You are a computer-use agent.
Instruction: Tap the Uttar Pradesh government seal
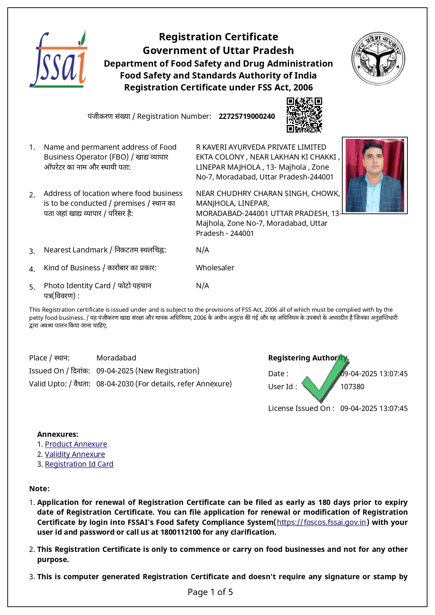click(x=378, y=59)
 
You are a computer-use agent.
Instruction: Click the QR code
click(x=304, y=115)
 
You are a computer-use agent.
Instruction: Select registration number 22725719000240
click(x=247, y=116)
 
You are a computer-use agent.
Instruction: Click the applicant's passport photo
click(x=374, y=175)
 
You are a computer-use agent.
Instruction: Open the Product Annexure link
click(x=76, y=444)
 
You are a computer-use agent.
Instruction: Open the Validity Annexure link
click(x=75, y=454)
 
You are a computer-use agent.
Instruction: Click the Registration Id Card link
click(x=79, y=464)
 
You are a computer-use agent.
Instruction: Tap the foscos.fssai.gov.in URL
click(x=321, y=522)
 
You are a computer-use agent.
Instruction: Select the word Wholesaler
click(x=215, y=268)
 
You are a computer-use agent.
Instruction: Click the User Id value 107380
click(x=352, y=387)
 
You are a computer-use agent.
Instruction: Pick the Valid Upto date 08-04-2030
click(x=115, y=384)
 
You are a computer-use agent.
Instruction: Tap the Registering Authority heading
click(x=307, y=358)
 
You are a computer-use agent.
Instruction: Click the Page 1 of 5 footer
click(x=210, y=592)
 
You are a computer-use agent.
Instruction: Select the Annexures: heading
click(x=57, y=434)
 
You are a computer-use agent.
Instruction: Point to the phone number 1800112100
click(x=181, y=532)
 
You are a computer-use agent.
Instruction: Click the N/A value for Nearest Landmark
click(x=202, y=250)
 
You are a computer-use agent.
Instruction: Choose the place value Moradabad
click(x=116, y=358)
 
